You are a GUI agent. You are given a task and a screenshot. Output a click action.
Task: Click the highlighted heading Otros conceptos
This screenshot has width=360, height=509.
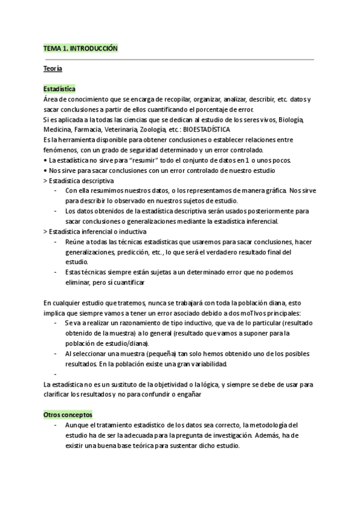coord(68,415)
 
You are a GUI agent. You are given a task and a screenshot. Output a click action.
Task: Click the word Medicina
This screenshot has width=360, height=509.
coord(58,129)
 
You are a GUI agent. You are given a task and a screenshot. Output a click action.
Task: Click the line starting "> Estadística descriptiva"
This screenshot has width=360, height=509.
coord(79,180)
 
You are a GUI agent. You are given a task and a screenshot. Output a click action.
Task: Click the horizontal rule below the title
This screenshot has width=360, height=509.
coord(179,59)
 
